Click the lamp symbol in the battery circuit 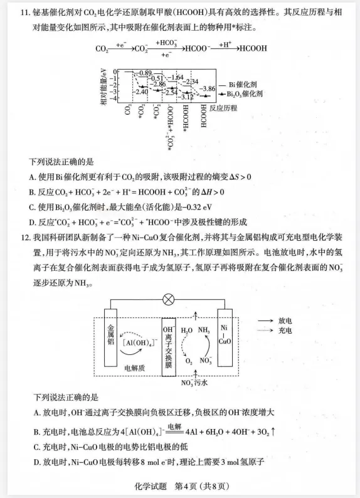click(x=169, y=299)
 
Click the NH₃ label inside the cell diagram click(x=204, y=331)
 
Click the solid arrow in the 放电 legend click(x=266, y=320)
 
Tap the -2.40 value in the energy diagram click(x=141, y=92)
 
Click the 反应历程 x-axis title click(x=225, y=108)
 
